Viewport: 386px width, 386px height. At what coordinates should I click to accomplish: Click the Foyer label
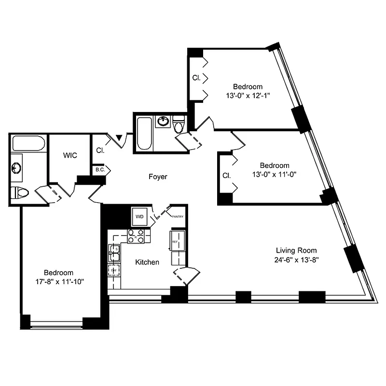(x=158, y=177)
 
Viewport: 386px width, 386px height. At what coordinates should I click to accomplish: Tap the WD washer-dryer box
(x=140, y=216)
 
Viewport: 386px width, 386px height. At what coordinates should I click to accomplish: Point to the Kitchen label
(x=147, y=262)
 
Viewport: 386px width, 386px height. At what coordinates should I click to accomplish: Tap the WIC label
(x=70, y=156)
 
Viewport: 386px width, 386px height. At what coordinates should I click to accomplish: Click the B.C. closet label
(x=100, y=170)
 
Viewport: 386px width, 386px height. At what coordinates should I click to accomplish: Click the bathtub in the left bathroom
(x=28, y=143)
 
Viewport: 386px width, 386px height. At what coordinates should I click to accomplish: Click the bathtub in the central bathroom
(x=144, y=133)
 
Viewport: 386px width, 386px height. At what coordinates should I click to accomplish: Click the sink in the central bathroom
(x=163, y=121)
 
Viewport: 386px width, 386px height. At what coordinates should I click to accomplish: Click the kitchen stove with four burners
(x=136, y=236)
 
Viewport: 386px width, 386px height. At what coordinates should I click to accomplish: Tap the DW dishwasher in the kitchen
(x=114, y=270)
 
